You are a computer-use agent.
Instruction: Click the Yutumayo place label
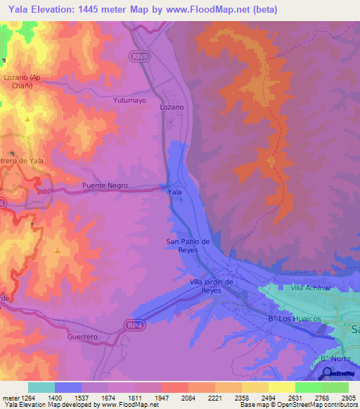point(129,100)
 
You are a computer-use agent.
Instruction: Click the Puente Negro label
point(105,186)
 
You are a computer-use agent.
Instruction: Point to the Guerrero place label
point(82,337)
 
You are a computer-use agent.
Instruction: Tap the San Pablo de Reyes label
point(188,246)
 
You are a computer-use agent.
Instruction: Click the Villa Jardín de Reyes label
point(211,285)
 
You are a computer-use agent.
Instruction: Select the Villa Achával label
point(310,288)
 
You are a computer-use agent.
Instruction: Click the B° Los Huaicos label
point(294,319)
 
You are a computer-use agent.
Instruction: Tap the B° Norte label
point(335,358)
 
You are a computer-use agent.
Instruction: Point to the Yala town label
point(175,191)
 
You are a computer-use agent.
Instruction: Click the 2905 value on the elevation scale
point(346,397)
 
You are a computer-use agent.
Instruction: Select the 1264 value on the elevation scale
point(25,397)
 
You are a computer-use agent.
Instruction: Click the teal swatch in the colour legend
point(41,387)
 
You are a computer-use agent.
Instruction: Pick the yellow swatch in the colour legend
point(281,387)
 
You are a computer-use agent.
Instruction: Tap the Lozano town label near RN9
point(172,107)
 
